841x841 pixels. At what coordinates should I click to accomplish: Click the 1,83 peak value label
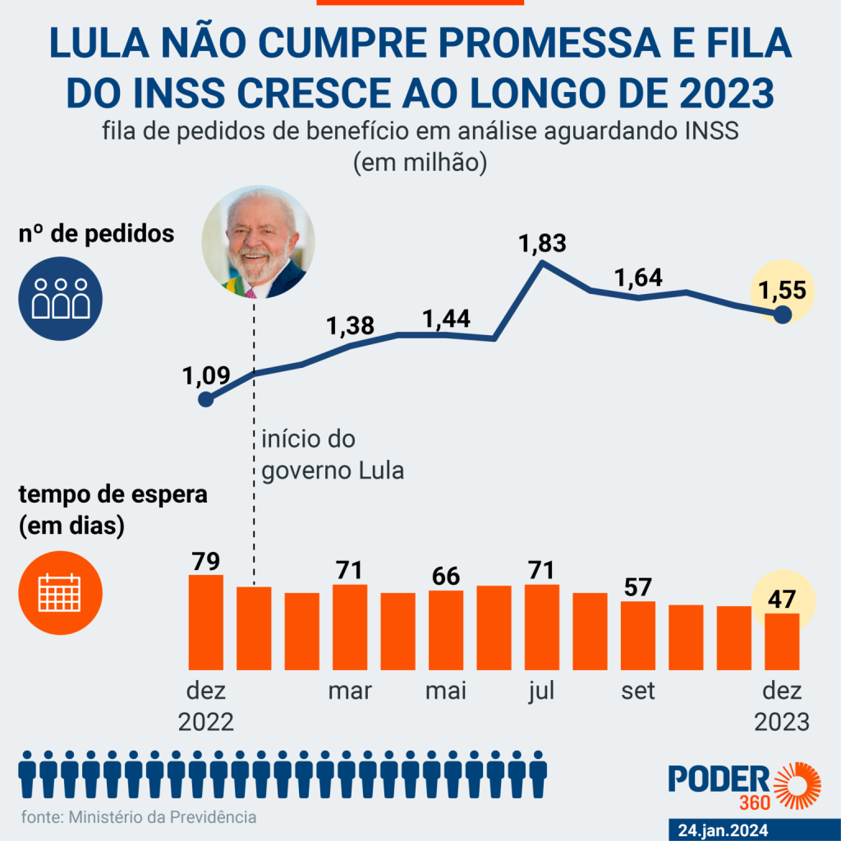tap(543, 245)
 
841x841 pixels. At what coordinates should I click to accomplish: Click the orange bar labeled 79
tap(206, 622)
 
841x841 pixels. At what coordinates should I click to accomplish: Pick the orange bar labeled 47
tap(783, 641)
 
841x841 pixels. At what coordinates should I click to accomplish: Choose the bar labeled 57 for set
tap(638, 635)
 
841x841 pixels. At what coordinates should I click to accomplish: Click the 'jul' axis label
tap(541, 692)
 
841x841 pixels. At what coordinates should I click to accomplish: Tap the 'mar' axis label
tap(350, 692)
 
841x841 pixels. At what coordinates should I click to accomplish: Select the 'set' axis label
tap(638, 692)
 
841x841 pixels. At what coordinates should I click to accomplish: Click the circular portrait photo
tap(259, 242)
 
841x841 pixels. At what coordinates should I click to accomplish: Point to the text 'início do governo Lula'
tap(333, 455)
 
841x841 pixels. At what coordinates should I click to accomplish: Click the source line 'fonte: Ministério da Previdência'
tap(138, 817)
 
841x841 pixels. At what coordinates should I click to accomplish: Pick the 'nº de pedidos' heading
tap(96, 234)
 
